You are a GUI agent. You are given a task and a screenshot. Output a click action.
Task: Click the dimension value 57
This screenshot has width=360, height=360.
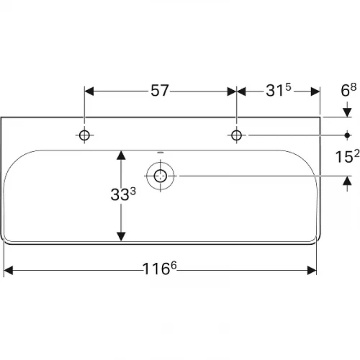point(161,91)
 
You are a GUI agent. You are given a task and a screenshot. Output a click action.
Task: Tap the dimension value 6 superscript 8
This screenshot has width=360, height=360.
point(348,90)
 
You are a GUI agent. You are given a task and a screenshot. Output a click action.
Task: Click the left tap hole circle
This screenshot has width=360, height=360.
point(85,135)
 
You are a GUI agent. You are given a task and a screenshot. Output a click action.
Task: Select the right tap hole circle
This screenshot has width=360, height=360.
point(236,135)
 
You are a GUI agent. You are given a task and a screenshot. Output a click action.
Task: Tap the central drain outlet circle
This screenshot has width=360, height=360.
point(160,174)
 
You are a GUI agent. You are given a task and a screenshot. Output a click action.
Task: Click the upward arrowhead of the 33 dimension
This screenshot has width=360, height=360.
point(122,155)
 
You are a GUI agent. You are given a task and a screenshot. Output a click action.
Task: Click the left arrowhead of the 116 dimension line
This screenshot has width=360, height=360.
point(9,271)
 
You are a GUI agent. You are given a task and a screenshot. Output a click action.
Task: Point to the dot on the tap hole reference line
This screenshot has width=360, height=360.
point(348,135)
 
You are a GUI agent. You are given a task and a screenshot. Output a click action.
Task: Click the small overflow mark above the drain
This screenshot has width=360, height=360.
point(160,153)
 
